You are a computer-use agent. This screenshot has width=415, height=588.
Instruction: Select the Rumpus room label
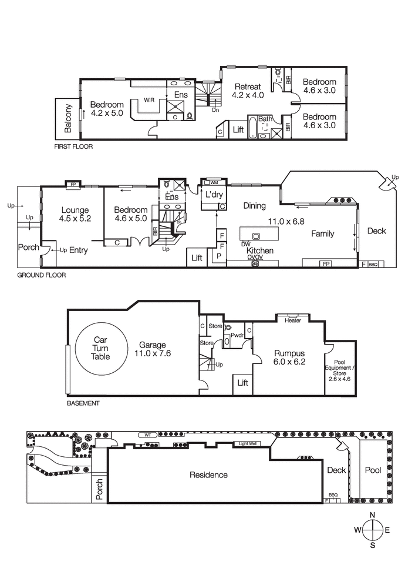pyautogui.click(x=289, y=358)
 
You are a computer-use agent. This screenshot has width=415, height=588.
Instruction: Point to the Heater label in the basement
pyautogui.click(x=293, y=320)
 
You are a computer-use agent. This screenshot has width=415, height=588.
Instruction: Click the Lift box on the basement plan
pyautogui.click(x=242, y=383)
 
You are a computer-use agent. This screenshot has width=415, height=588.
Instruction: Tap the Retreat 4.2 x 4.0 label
pyautogui.click(x=248, y=91)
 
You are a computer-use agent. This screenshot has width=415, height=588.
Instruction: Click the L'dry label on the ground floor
pyautogui.click(x=212, y=194)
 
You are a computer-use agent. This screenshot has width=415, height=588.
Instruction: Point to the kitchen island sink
pyautogui.click(x=256, y=236)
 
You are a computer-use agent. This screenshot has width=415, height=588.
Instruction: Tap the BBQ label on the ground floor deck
pyautogui.click(x=373, y=265)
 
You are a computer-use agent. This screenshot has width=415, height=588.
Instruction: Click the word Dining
pyautogui.click(x=255, y=206)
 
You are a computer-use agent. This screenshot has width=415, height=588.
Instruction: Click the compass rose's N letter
pyautogui.click(x=372, y=516)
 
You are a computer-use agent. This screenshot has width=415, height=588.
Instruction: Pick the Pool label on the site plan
pyautogui.click(x=373, y=470)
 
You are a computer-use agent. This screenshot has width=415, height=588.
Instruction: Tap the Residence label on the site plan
pyautogui.click(x=208, y=475)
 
